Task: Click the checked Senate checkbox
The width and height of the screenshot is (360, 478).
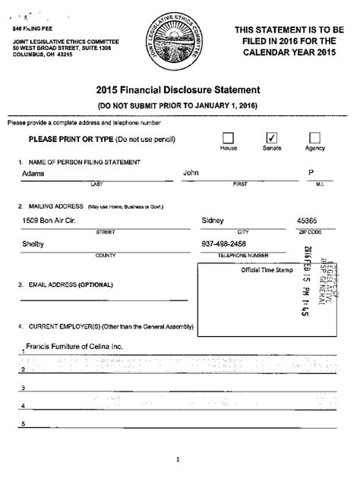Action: click(271, 137)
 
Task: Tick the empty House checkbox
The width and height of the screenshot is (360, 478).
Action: click(228, 137)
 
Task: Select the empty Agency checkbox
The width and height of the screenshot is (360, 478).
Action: click(314, 137)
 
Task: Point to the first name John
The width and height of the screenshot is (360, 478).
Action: click(191, 173)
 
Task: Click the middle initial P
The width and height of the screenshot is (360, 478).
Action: click(311, 173)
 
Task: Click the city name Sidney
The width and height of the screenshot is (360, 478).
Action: click(213, 221)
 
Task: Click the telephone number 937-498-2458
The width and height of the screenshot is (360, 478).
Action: click(225, 244)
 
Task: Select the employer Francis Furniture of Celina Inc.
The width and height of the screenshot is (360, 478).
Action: click(74, 347)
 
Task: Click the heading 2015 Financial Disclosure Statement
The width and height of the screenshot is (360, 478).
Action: click(178, 90)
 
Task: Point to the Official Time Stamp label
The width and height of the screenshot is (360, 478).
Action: click(267, 270)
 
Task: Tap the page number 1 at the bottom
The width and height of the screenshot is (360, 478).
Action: click(177, 459)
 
